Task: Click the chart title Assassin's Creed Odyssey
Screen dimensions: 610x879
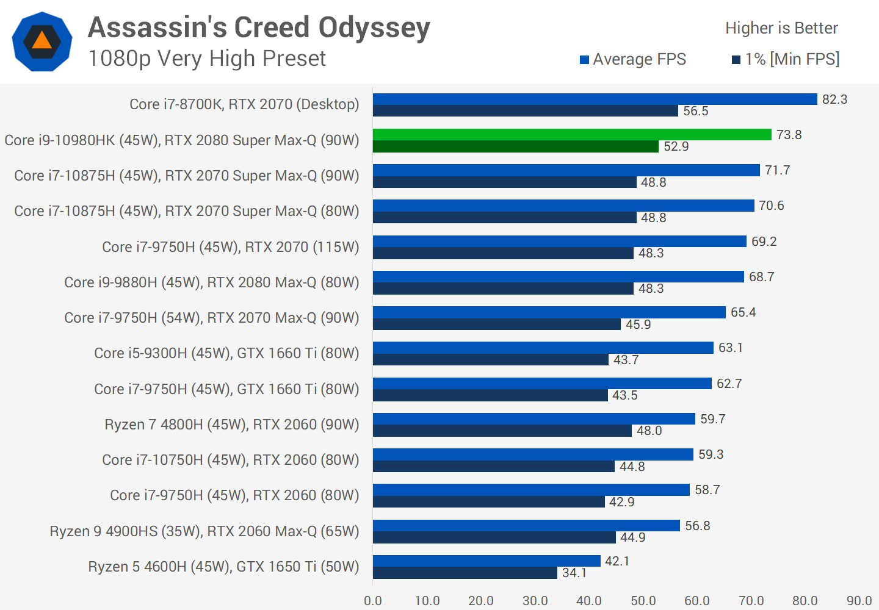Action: tap(259, 27)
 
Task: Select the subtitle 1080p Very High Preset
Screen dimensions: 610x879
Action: tap(207, 59)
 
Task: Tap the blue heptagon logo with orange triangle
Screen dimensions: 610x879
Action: tap(42, 41)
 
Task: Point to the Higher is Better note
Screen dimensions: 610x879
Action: tap(781, 28)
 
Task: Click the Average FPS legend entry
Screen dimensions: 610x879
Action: tap(633, 59)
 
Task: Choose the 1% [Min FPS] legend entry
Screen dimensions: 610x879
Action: tap(786, 59)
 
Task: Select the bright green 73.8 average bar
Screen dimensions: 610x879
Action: tap(572, 135)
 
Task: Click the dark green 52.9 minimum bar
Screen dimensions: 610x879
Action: tap(516, 146)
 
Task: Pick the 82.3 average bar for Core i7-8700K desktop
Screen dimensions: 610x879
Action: tap(595, 99)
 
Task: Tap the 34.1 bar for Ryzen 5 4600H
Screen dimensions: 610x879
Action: tap(465, 573)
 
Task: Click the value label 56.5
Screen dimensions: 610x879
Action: tap(696, 111)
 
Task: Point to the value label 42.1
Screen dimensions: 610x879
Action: tap(617, 561)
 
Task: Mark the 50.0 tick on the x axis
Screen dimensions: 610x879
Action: tap(643, 601)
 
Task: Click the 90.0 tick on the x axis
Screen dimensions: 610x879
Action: tap(859, 601)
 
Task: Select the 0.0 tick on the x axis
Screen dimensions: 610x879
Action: tap(373, 601)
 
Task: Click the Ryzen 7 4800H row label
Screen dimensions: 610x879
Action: tap(232, 425)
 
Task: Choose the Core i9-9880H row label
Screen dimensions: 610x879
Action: tap(212, 282)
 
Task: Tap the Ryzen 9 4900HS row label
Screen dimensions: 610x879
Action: tap(204, 531)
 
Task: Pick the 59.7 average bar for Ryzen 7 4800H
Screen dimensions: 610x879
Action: tap(534, 419)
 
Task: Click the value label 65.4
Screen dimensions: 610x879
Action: tap(743, 312)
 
